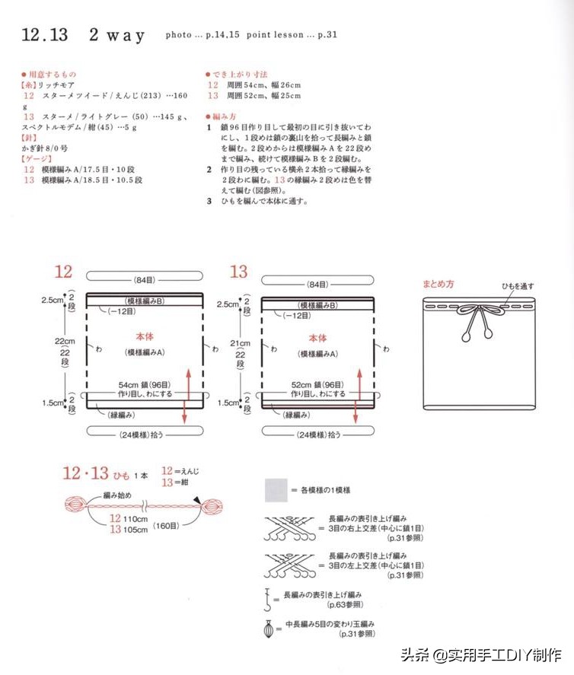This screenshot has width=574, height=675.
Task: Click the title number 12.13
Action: [x=45, y=35]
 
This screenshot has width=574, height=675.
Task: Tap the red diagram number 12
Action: [x=63, y=272]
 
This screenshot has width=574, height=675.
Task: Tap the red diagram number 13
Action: [x=238, y=272]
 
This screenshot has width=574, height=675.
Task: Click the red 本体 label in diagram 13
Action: [x=317, y=337]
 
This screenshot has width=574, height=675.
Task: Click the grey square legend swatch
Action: [x=276, y=490]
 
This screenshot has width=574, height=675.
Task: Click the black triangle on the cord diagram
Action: [x=197, y=500]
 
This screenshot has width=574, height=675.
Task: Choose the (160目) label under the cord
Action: [x=166, y=525]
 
